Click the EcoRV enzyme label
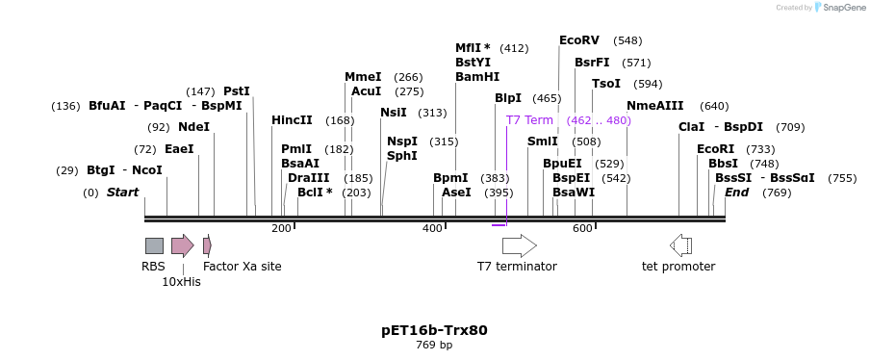(x=579, y=40)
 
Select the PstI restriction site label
(x=237, y=91)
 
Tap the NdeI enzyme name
(x=193, y=127)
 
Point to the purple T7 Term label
(x=529, y=120)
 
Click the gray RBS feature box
(x=154, y=245)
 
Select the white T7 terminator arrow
(x=519, y=245)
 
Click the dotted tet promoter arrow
(x=680, y=245)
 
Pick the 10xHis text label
(x=181, y=282)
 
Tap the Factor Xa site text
(x=243, y=267)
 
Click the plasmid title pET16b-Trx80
(x=434, y=330)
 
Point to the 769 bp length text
(x=434, y=345)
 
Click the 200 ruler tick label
(x=281, y=228)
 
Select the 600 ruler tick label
(x=582, y=228)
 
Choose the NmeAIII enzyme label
(x=654, y=106)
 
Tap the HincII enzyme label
(x=292, y=120)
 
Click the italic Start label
(x=122, y=193)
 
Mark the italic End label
(x=736, y=193)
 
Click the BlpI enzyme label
(x=508, y=98)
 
